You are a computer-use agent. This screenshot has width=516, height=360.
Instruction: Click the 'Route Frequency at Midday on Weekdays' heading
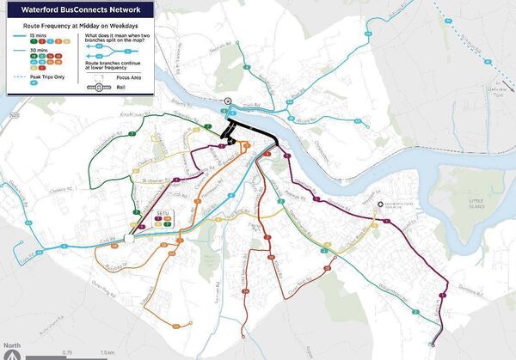(76, 26)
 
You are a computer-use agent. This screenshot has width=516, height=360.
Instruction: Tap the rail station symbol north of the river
(228, 101)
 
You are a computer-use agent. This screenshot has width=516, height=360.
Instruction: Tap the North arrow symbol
(12, 351)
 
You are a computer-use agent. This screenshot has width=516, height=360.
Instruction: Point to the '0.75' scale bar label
(66, 352)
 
